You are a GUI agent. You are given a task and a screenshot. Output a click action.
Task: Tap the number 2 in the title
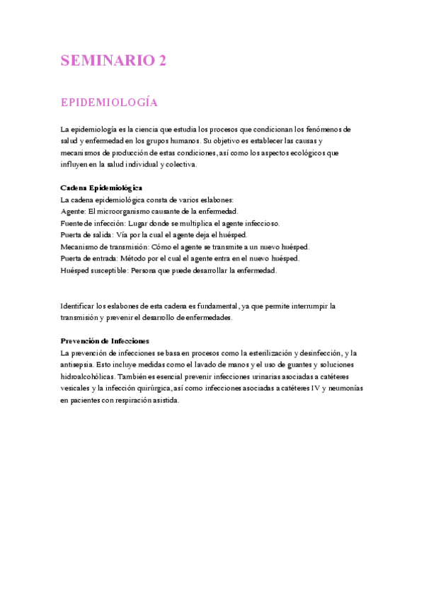pyautogui.click(x=163, y=61)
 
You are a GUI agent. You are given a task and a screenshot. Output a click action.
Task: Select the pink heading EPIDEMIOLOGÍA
pyautogui.click(x=108, y=103)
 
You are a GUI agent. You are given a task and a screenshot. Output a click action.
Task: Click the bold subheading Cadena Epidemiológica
pyautogui.click(x=102, y=187)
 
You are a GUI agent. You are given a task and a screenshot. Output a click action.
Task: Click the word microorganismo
pyautogui.click(x=127, y=211)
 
